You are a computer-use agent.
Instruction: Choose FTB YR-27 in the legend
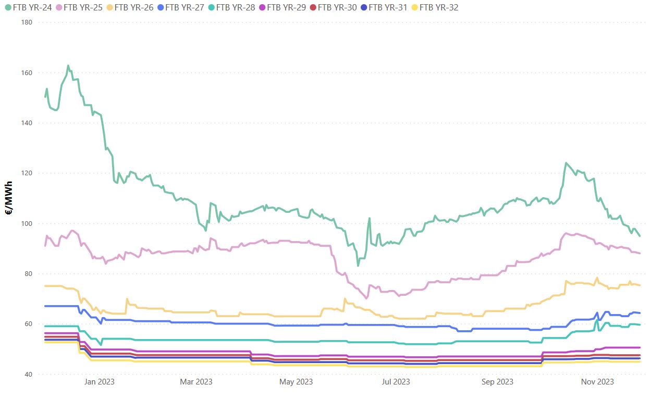click(x=184, y=7)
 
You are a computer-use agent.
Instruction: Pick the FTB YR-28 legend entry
click(x=235, y=7)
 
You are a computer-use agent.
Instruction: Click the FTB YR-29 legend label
click(x=286, y=7)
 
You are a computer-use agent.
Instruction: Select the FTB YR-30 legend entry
click(x=337, y=7)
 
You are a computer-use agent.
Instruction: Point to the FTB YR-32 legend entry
click(x=438, y=7)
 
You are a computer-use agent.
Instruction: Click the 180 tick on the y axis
click(x=27, y=22)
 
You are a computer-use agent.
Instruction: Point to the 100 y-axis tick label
click(x=27, y=224)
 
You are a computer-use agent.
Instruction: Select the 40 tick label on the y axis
click(x=29, y=375)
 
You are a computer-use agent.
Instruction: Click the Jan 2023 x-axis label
click(x=99, y=382)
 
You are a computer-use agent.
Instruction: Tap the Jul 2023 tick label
click(x=396, y=382)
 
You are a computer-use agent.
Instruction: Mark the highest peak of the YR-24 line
click(x=68, y=66)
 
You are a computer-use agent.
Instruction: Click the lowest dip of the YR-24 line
click(x=358, y=266)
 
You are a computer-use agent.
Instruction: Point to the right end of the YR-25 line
click(x=640, y=253)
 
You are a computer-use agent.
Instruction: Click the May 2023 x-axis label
click(x=296, y=382)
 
